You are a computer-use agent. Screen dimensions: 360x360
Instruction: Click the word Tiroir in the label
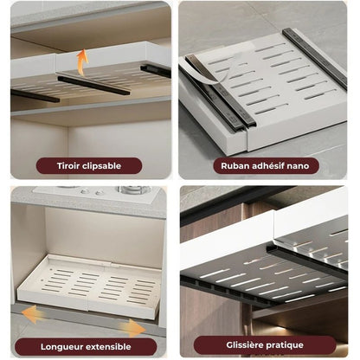[68, 166]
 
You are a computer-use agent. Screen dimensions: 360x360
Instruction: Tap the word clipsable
[101, 166]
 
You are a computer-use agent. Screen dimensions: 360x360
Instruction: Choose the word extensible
[106, 346]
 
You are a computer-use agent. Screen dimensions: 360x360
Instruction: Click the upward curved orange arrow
[81, 61]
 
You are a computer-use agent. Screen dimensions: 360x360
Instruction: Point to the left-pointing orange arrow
[34, 314]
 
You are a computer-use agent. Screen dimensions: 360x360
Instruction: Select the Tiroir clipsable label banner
[89, 166]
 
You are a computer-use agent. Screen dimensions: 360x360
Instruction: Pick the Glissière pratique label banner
[265, 345]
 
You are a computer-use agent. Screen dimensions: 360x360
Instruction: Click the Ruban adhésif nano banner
[266, 166]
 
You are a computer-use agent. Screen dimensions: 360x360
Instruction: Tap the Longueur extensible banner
[86, 347]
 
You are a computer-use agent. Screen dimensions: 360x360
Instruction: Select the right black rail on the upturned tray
[314, 58]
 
